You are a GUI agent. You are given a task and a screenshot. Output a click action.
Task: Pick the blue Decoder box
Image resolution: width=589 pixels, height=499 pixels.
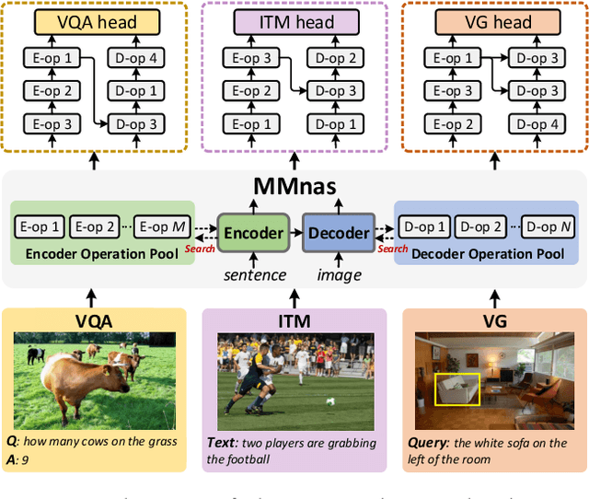pos(337,233)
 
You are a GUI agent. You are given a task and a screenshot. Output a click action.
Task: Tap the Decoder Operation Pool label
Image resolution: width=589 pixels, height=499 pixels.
pos(489,252)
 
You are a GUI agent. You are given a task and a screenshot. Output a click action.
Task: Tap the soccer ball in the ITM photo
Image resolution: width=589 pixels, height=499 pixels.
pos(329,401)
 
